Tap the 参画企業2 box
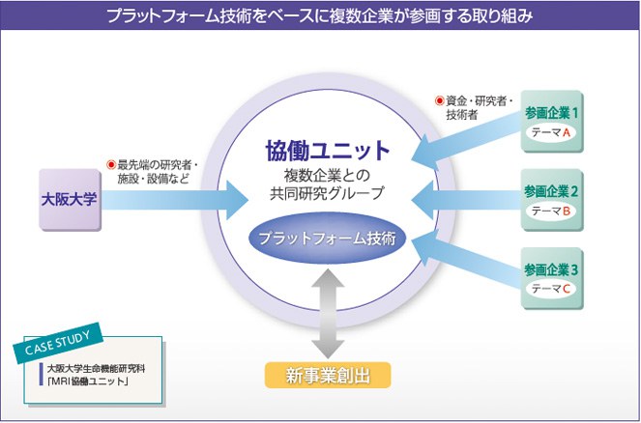(x=552, y=200)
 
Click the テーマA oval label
(x=552, y=132)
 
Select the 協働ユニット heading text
(x=328, y=151)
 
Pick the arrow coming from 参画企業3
(x=464, y=261)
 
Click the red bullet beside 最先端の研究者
(x=111, y=165)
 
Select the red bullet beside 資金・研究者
(x=439, y=99)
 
